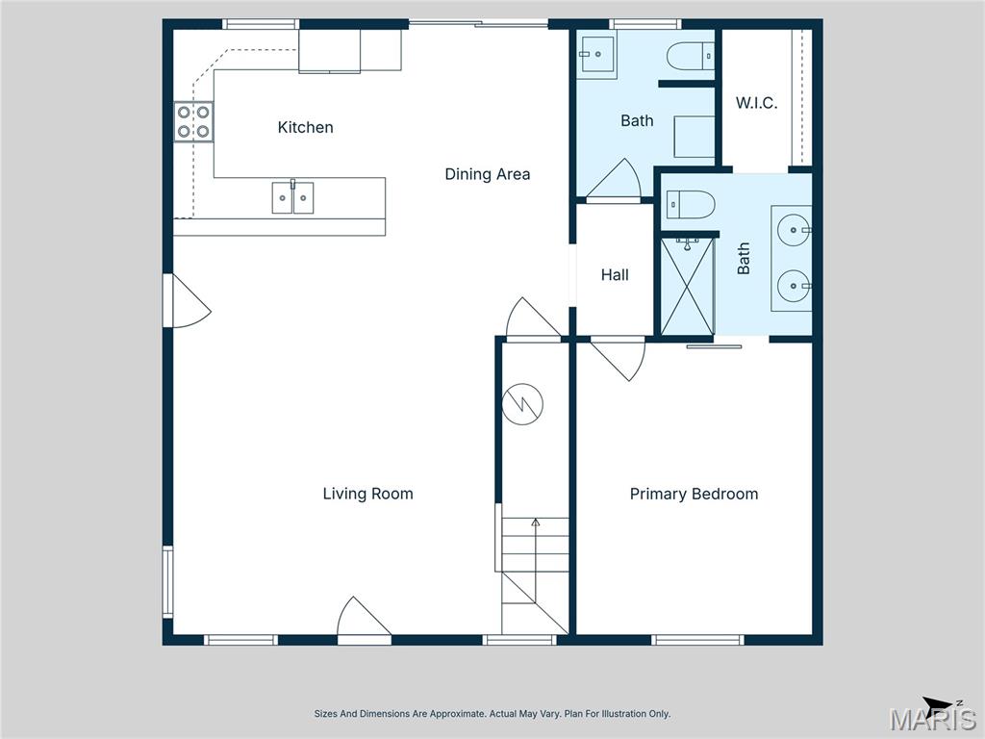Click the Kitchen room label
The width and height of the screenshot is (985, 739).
pos(305,127)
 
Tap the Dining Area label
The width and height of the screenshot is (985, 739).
pos(487,174)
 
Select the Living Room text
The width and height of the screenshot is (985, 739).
pos(367,494)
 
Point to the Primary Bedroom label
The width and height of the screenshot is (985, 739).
pos(694,494)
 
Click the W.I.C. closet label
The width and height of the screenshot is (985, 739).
pos(756,103)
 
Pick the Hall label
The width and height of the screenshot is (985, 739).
pos(615,275)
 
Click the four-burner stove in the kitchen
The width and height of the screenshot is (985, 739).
pos(193,122)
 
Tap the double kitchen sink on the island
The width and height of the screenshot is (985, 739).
pos(292,197)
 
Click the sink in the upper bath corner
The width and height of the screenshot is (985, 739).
pos(596,57)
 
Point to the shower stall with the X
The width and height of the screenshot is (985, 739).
pos(687,287)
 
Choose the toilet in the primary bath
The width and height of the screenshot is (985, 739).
pos(691,204)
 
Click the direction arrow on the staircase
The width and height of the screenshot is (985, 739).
pos(536,525)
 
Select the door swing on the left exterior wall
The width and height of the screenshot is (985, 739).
pos(187,301)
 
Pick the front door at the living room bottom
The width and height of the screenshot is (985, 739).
pos(363,620)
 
